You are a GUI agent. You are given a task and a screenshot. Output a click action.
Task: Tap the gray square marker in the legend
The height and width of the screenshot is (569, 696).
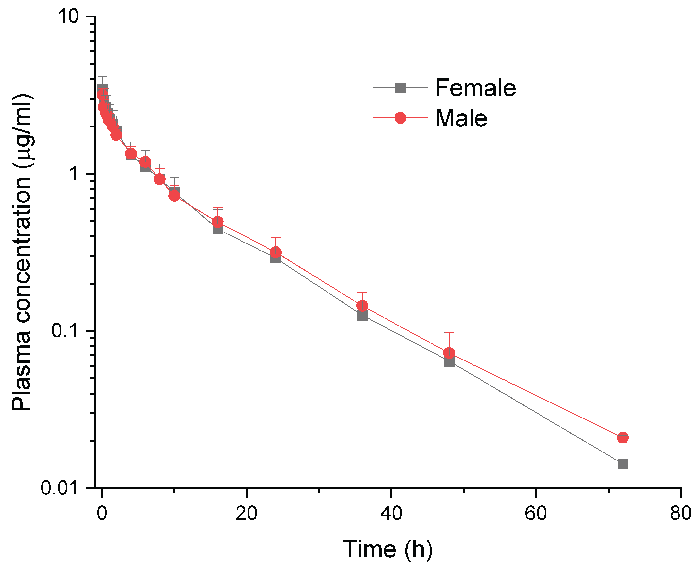[400, 88]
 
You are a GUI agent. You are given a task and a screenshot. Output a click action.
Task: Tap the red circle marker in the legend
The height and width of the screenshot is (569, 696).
[400, 118]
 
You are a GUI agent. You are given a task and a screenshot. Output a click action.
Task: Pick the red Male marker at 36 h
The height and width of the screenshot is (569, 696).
[362, 306]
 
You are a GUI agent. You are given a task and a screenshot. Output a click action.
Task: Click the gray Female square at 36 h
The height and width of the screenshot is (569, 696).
[362, 315]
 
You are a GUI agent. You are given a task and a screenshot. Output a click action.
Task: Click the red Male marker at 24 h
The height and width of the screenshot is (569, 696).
[275, 252]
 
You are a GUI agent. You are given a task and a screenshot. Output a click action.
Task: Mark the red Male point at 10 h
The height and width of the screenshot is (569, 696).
[174, 196]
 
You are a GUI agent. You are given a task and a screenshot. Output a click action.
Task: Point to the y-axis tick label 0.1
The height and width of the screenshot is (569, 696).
[65, 331]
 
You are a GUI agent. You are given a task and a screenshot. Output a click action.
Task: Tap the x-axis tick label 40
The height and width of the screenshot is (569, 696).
[391, 513]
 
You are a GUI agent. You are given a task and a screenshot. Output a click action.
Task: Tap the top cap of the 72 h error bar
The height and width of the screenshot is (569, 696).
[623, 414]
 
